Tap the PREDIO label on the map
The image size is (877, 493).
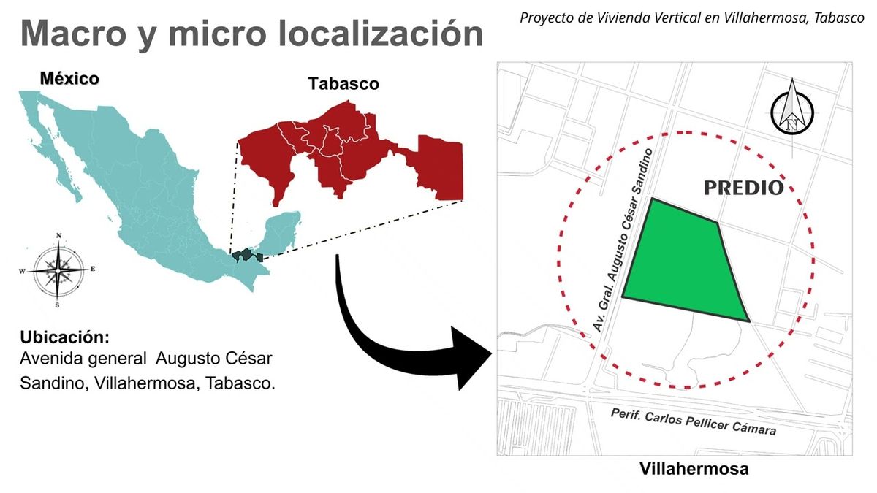(x=743, y=188)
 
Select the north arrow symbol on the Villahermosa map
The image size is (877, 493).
(x=792, y=109)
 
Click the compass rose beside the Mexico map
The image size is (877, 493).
(x=57, y=270)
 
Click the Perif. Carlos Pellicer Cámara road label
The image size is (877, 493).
(x=693, y=421)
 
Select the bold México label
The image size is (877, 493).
(x=69, y=78)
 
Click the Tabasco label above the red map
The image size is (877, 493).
(x=343, y=83)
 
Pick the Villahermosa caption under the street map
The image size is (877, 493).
(x=694, y=469)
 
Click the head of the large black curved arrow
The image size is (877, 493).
(x=471, y=358)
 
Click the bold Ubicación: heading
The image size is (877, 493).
(x=65, y=338)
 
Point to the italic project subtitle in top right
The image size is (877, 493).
(x=691, y=18)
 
